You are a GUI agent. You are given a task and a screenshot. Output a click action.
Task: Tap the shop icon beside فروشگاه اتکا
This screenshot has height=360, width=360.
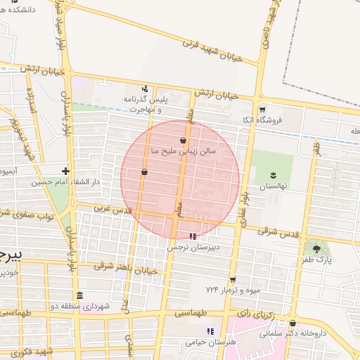tap(262, 109)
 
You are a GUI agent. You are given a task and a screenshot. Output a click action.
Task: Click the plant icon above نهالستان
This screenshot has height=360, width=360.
tap(272, 175)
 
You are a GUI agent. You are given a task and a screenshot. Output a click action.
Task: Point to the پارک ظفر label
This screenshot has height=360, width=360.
tap(319, 259)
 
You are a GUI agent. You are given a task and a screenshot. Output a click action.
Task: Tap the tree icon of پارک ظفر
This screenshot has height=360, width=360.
tap(316, 248)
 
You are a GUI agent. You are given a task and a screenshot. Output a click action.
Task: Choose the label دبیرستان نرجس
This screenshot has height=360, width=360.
tap(193, 247)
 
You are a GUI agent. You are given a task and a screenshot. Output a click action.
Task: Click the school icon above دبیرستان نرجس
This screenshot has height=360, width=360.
tap(193, 236)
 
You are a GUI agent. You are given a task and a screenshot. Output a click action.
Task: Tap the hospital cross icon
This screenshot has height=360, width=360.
tap(65, 171)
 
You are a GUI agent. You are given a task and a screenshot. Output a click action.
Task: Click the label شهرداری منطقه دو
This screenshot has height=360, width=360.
tap(77, 307)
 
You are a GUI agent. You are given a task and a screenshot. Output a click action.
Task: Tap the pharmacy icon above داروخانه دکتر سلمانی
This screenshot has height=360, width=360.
tap(292, 323)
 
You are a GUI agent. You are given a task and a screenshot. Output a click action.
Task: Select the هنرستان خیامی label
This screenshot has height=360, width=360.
tap(210, 342)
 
